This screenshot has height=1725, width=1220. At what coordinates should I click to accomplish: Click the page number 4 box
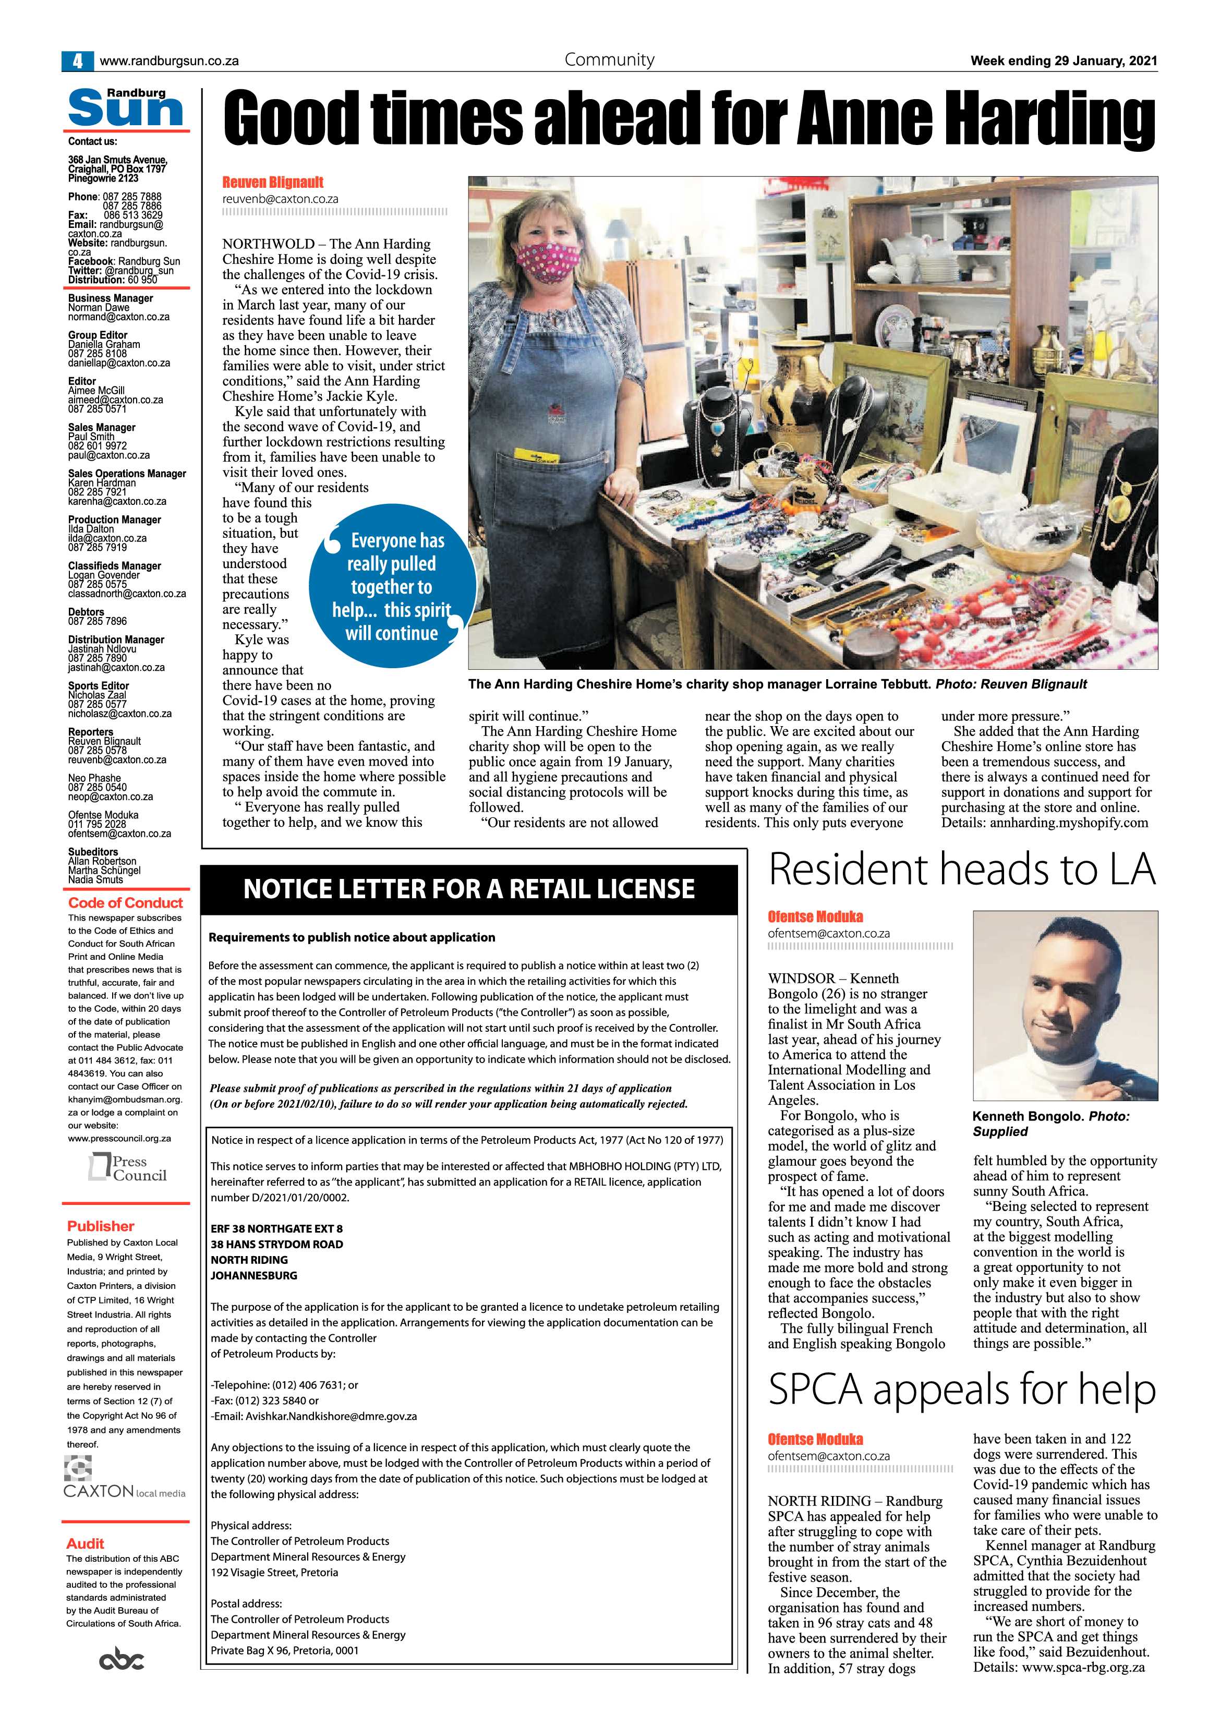(77, 61)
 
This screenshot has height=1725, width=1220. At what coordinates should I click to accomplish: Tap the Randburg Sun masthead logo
(126, 108)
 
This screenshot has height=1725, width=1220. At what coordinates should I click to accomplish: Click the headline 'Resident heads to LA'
(962, 870)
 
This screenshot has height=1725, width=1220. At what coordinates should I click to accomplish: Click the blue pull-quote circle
(392, 586)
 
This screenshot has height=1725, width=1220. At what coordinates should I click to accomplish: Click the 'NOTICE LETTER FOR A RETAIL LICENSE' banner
(469, 889)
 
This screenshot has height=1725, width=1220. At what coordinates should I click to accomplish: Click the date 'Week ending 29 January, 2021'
(1064, 61)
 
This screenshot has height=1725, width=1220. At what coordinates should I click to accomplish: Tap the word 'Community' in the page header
(609, 60)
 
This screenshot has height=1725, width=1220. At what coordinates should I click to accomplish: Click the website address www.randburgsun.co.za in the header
(169, 62)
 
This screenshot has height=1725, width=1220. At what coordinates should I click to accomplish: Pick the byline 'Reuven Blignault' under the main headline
(273, 183)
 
